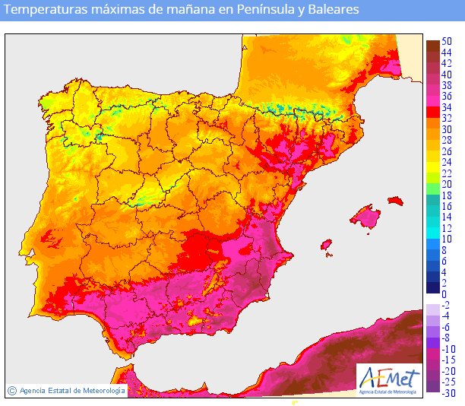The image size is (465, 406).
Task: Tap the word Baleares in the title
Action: point(334,11)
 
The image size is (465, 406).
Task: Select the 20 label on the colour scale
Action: point(448,184)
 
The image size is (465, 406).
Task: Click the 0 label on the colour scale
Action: point(444,294)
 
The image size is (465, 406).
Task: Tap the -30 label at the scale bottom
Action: point(448,393)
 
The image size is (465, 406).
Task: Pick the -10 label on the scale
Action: point(448,349)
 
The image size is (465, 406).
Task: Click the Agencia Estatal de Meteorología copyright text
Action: point(72,390)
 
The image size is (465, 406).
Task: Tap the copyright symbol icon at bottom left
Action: point(12,390)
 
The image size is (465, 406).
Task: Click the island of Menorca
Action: point(394,201)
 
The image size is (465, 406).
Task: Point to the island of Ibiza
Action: point(326,245)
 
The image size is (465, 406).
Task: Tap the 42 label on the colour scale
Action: point(448,63)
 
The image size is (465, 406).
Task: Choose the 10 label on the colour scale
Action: point(448,239)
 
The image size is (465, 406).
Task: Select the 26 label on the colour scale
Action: point(448,151)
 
